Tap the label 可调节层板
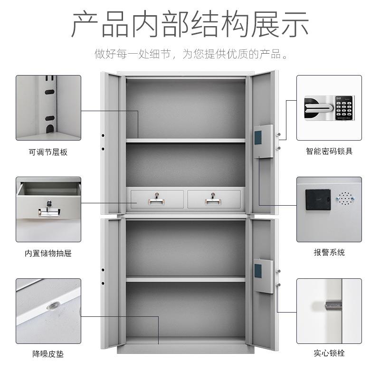(x=48, y=152)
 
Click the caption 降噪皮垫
(x=48, y=354)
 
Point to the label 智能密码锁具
(x=329, y=152)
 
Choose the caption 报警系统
(x=329, y=253)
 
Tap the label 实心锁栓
(x=329, y=353)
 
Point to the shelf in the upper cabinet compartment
(x=185, y=141)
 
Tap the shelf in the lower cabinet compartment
(x=185, y=279)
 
